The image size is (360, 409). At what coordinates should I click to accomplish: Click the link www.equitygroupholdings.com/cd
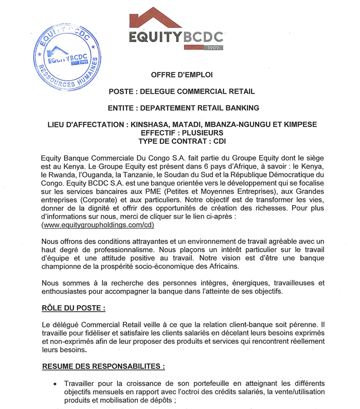point(97,225)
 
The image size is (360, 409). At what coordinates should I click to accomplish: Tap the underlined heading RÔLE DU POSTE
point(74,309)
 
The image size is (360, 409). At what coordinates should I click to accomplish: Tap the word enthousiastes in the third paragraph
point(67,291)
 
